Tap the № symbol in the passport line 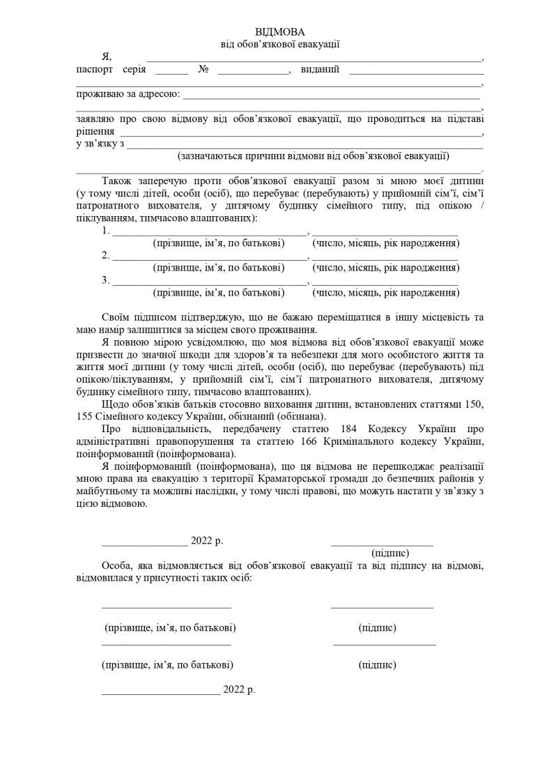tap(204, 70)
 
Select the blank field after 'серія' tap(172, 72)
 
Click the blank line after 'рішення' tap(300, 133)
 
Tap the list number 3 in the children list tap(105, 280)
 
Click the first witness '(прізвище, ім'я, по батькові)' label tap(169, 628)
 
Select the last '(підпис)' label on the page tap(377, 665)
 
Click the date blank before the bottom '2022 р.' tap(160, 692)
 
